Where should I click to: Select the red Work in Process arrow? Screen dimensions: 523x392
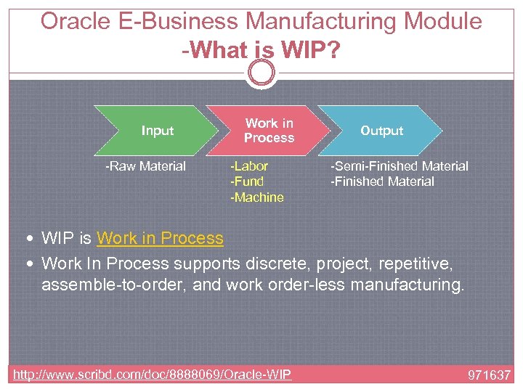click(269, 131)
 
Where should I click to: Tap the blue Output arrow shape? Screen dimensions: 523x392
click(381, 131)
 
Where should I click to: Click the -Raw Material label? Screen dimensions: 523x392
click(146, 166)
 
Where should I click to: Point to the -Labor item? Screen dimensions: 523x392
click(249, 166)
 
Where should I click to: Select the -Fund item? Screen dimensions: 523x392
click(247, 181)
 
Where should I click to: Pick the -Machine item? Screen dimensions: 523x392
click(257, 197)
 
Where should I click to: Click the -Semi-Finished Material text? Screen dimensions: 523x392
click(400, 166)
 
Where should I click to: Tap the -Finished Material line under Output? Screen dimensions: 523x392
click(383, 181)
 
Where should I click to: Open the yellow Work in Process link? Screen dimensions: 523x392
click(160, 238)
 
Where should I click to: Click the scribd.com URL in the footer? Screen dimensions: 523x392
click(153, 375)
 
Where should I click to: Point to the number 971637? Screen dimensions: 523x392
click(489, 375)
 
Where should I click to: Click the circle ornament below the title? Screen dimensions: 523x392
click(261, 73)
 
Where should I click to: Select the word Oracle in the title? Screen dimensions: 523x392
click(76, 21)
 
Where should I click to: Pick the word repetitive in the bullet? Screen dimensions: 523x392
click(413, 261)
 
